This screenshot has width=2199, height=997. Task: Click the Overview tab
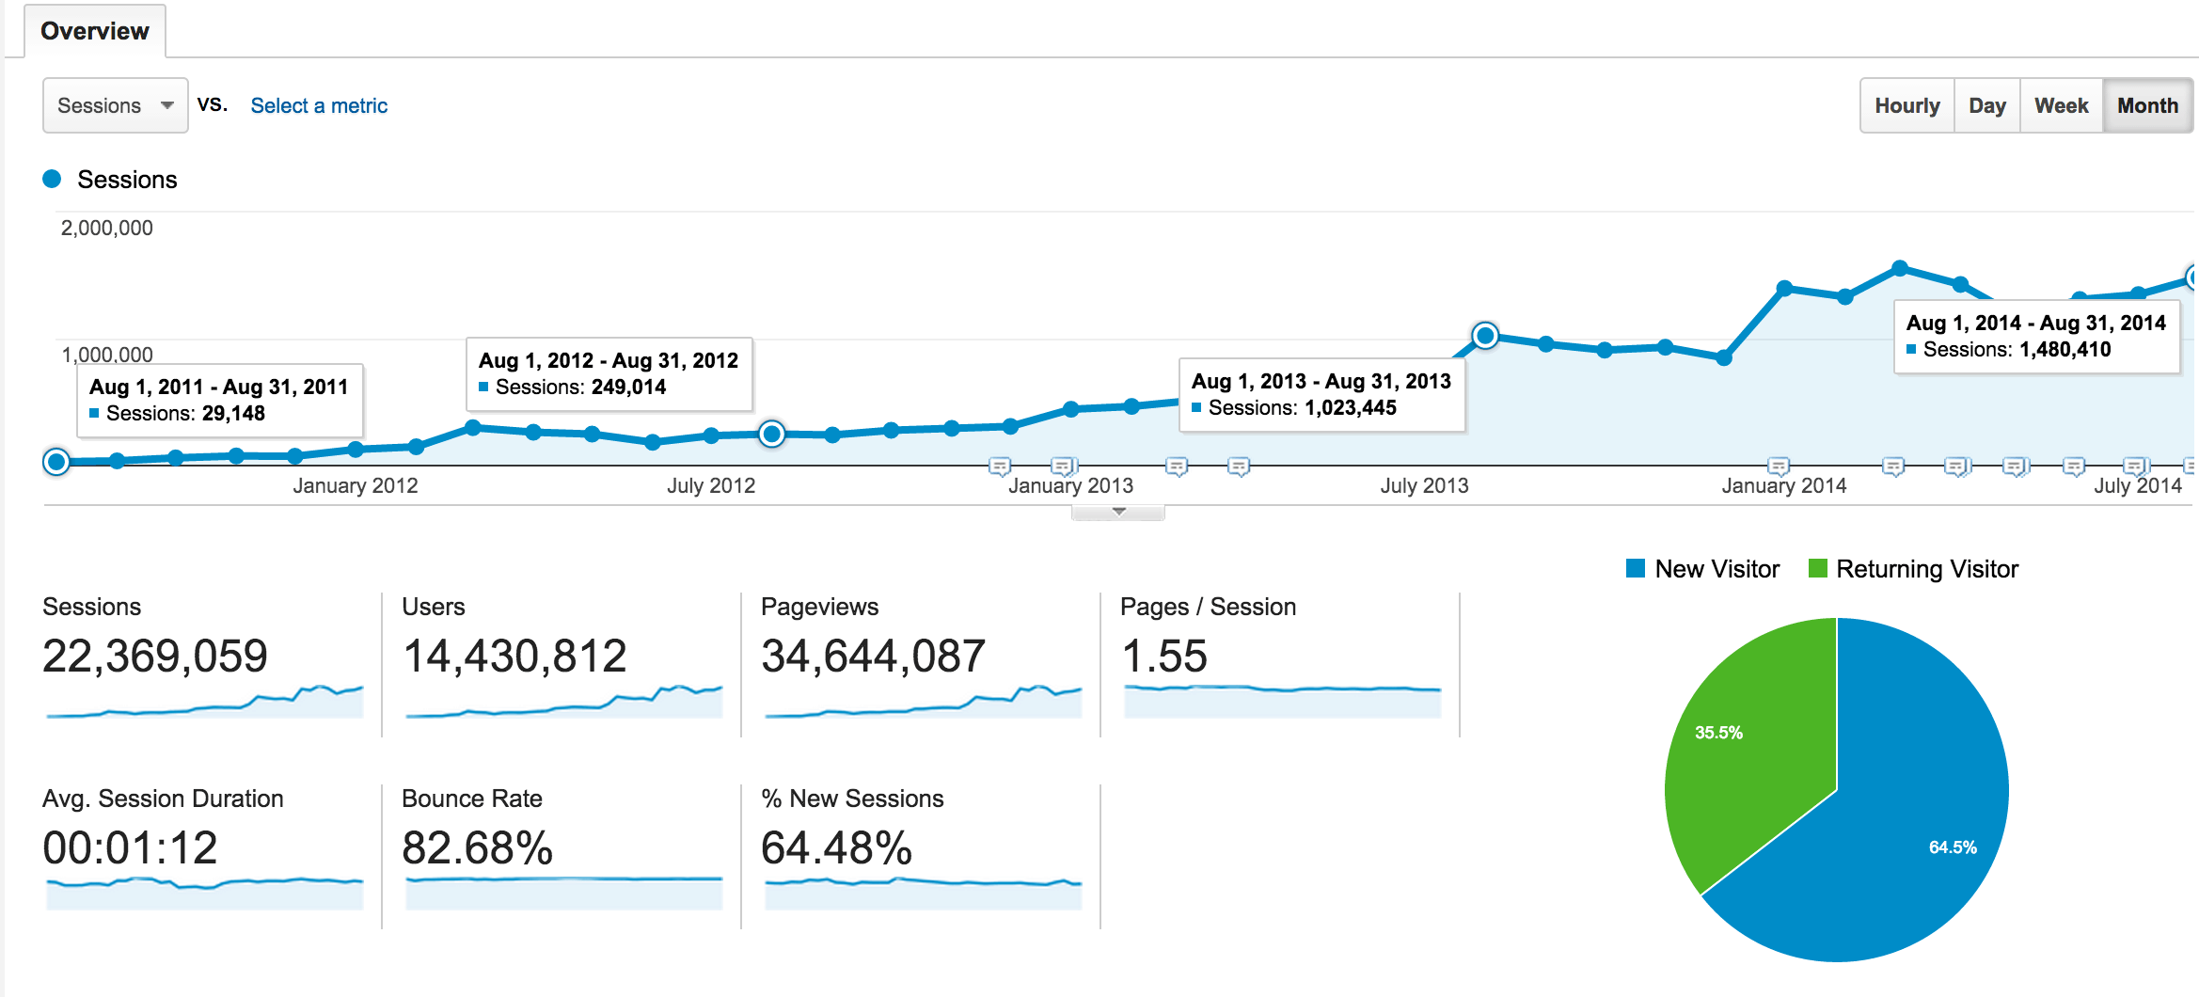pos(94,31)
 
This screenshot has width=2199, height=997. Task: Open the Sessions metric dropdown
pos(115,105)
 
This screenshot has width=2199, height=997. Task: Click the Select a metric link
pos(319,105)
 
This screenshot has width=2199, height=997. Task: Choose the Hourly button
pos(1906,105)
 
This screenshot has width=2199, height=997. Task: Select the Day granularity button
pos(1986,105)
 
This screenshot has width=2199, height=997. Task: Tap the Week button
pos(2061,105)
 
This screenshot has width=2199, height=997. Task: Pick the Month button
pos(2147,105)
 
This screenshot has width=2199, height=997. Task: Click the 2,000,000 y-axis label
pos(106,228)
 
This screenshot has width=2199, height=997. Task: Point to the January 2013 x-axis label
pos(1070,485)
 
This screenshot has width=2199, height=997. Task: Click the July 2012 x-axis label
pos(710,485)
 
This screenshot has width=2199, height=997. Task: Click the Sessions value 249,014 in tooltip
pos(628,388)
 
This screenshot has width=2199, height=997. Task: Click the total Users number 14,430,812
pos(514,656)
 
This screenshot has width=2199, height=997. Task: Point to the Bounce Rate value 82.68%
pos(477,847)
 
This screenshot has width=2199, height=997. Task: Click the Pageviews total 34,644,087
pos(873,656)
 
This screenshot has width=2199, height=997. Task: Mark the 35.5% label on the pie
pos(1718,733)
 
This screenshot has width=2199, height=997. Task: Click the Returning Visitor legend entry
pos(1926,569)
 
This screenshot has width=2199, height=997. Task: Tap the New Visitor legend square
pos(1636,569)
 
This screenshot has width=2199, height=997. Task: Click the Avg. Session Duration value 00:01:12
pos(130,847)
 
